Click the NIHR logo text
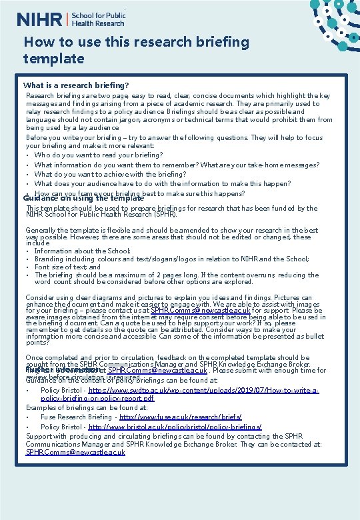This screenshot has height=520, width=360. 39,19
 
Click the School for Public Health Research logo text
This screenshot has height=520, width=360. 99,19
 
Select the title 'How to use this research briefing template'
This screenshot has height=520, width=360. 136,50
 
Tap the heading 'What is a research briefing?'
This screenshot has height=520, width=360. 76,85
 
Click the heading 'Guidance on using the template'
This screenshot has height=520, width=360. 83,198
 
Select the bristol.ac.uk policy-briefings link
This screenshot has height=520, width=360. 175,426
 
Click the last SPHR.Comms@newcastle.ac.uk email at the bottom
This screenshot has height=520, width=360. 75,452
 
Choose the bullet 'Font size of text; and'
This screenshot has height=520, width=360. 67,267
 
